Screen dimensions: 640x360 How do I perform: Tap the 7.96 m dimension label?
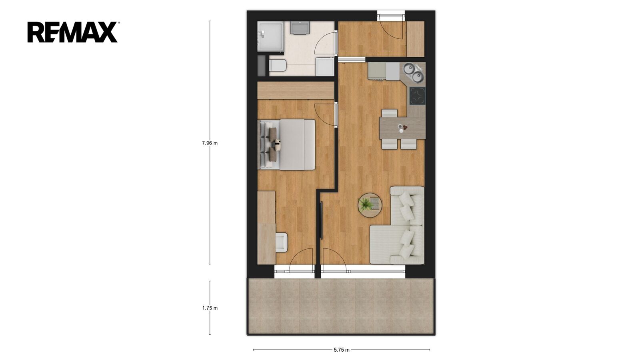coord(210,143)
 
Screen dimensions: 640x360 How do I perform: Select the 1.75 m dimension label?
coord(210,308)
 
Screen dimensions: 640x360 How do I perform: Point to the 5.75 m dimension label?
coord(342,350)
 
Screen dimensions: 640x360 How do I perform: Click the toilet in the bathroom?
coord(78,66)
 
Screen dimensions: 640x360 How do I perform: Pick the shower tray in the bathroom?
coord(270,36)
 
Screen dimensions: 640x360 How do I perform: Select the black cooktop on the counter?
coord(418,96)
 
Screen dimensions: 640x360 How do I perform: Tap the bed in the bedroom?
coord(286,144)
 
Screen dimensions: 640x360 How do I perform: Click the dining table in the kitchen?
coord(402,128)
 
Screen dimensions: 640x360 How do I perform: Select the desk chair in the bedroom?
coord(82,242)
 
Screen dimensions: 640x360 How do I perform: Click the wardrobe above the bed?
coord(296,90)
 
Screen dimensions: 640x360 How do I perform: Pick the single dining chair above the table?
coord(390,113)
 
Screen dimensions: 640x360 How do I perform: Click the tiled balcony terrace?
coord(341,306)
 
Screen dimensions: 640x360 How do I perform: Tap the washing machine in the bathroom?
coord(325,66)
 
